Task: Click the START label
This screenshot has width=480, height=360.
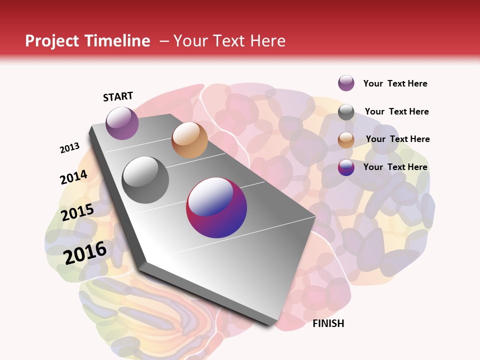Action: [118, 96]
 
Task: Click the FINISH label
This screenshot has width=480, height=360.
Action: [328, 323]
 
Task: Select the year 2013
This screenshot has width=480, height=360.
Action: [69, 147]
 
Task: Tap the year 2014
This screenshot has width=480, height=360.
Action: [73, 177]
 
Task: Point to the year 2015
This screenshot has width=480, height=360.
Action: [77, 212]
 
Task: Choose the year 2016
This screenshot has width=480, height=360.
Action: [85, 252]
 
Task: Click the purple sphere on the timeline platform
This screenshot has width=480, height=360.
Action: [122, 123]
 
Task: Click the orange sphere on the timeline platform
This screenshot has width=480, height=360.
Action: [189, 140]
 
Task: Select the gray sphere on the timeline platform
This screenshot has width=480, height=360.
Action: [145, 180]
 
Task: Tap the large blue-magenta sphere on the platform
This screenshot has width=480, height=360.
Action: [216, 207]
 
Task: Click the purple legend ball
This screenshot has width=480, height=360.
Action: [346, 83]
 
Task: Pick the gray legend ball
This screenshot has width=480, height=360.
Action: [346, 112]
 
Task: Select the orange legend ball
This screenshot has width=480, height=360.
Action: [346, 140]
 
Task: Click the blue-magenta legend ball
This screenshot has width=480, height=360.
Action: [346, 167]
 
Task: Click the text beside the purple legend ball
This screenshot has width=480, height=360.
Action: [395, 83]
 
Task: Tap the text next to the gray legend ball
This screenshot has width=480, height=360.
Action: [396, 111]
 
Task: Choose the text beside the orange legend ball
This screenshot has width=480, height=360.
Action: [397, 139]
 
